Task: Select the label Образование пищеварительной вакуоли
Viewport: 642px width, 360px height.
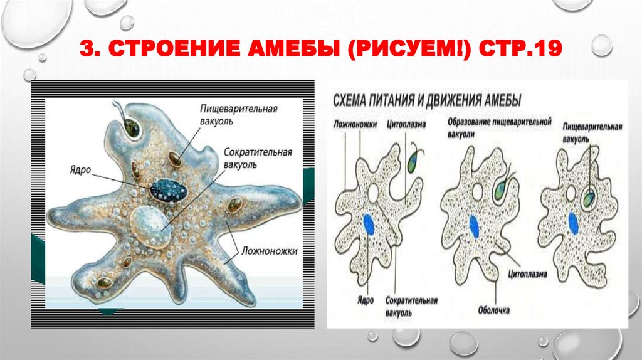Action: click(499, 125)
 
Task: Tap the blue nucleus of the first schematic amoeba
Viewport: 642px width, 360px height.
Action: click(371, 223)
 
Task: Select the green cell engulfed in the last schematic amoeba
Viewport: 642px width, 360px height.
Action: click(588, 200)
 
